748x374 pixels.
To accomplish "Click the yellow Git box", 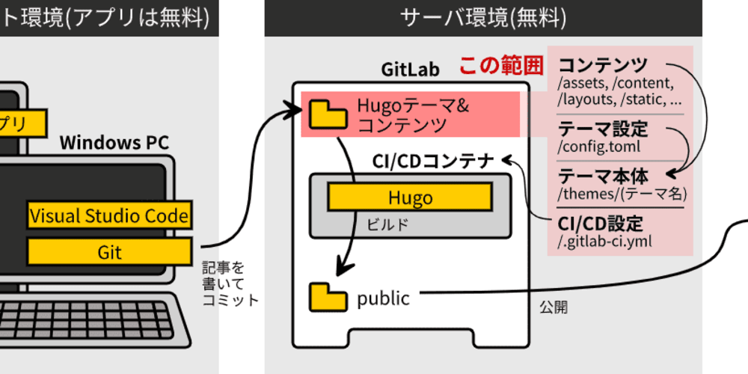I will tap(109, 251).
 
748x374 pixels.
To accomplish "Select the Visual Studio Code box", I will tap(109, 215).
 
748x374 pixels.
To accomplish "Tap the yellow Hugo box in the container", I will tap(410, 197).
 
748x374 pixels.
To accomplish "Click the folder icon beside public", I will tap(328, 298).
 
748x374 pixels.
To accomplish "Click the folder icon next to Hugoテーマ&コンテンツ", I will tap(328, 114).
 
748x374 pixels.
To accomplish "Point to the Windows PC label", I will tap(114, 142).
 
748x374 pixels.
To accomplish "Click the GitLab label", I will tap(410, 70).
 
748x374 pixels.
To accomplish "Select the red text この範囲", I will tap(500, 66).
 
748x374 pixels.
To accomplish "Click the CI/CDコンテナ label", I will tap(433, 160).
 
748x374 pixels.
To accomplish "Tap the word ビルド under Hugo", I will tap(387, 223).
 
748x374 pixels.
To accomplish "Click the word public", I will tap(383, 298).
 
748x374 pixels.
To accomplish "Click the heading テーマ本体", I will tap(602, 177).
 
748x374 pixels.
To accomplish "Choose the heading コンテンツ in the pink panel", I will tap(602, 65).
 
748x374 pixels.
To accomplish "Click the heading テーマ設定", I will tap(602, 129).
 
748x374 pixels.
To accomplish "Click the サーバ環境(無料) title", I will tap(483, 17).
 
